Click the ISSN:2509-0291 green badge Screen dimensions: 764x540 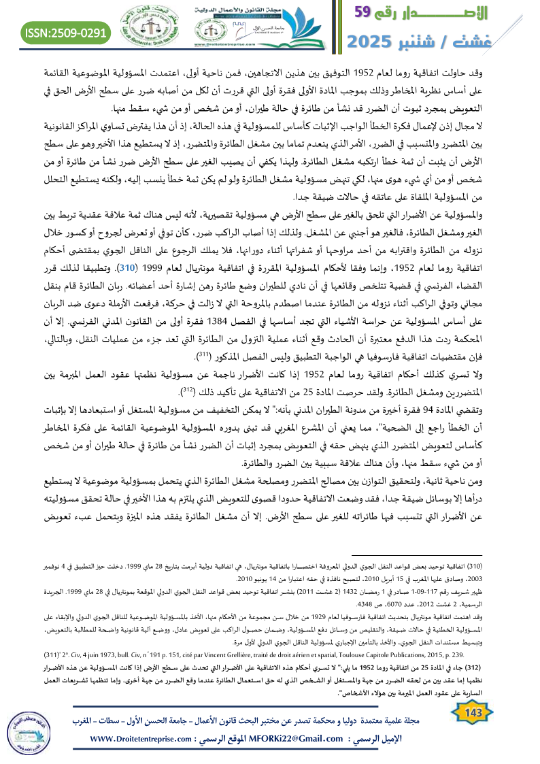click(x=67, y=32)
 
